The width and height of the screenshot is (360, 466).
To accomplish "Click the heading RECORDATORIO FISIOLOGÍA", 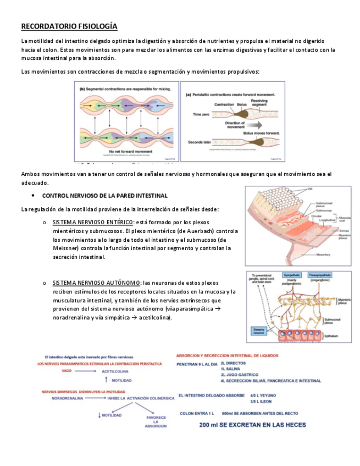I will click(x=69, y=26).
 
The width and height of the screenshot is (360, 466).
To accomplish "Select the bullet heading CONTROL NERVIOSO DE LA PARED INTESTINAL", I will click(x=104, y=196).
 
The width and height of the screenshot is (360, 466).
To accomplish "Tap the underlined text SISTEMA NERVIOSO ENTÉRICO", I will click(x=93, y=222).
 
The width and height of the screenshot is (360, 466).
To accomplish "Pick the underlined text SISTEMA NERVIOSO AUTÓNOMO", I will click(x=96, y=282).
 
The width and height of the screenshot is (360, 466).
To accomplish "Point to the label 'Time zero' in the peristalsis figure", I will click(x=202, y=114).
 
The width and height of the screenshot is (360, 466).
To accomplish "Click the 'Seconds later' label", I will click(x=200, y=142).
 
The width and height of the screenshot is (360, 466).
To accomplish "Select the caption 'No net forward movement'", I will click(x=128, y=150).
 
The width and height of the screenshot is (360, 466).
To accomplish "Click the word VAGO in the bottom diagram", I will click(x=67, y=371).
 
